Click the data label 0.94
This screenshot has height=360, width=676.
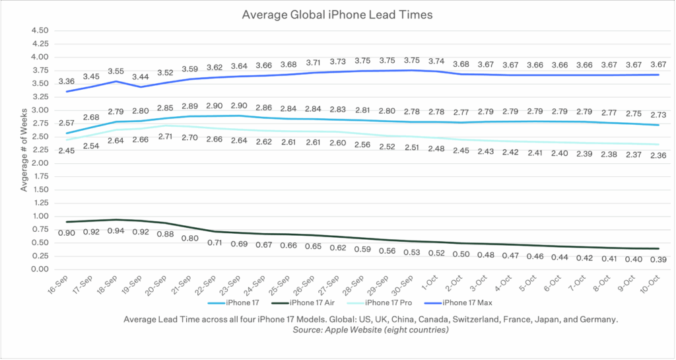coord(116,232)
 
